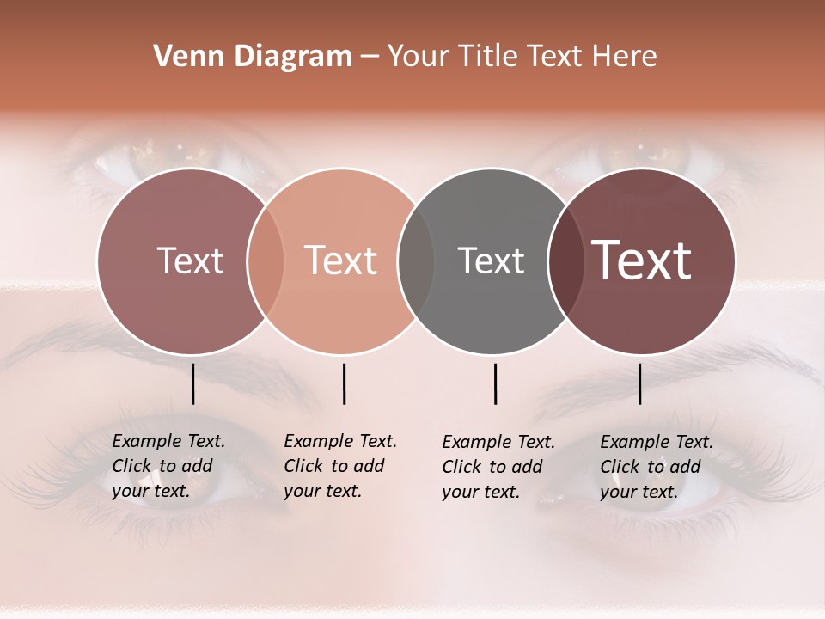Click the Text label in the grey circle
point(491,260)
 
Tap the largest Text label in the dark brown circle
point(642,260)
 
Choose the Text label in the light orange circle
point(341,260)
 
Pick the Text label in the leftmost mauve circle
point(190,260)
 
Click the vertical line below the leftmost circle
point(192,383)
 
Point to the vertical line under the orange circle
point(344,383)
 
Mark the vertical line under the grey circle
point(495,383)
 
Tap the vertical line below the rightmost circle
point(639,383)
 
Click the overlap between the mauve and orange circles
point(266,260)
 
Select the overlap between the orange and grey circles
point(416,260)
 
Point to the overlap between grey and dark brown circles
point(565,260)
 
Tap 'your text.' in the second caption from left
point(322,491)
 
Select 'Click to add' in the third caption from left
point(492,467)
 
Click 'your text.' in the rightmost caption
point(639,492)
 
